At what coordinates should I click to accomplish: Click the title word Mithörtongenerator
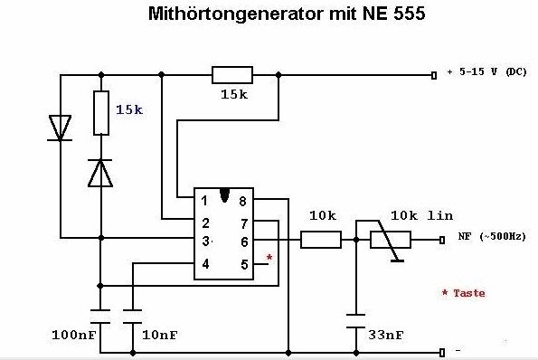click(x=236, y=14)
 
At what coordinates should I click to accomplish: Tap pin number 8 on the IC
click(x=242, y=202)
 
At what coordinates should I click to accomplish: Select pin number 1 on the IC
click(x=204, y=201)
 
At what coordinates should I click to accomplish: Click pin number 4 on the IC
click(x=205, y=264)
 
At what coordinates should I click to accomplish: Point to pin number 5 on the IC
click(x=244, y=265)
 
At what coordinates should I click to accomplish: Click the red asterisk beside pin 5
click(x=269, y=258)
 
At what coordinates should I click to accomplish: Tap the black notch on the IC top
click(x=224, y=195)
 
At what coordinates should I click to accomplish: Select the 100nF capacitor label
click(x=74, y=335)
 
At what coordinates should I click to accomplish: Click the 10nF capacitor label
click(x=160, y=335)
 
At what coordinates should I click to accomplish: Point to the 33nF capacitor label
click(x=386, y=335)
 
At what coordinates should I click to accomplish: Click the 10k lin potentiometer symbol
click(x=391, y=240)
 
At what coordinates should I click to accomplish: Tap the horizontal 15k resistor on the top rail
click(x=232, y=75)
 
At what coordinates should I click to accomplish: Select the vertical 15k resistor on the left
click(x=101, y=113)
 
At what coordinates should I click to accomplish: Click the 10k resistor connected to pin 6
click(x=321, y=240)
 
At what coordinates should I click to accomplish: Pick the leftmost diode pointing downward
click(x=60, y=128)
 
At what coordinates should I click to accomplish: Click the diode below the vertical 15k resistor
click(x=100, y=173)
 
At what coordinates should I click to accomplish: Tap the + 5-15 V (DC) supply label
click(x=487, y=72)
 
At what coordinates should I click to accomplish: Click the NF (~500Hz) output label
click(x=492, y=236)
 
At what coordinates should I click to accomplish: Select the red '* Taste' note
click(x=464, y=293)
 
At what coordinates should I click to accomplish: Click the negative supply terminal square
click(x=442, y=353)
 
